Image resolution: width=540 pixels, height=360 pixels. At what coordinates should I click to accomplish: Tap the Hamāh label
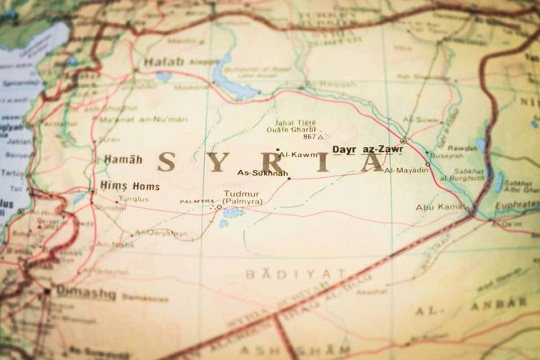pyautogui.click(x=123, y=159)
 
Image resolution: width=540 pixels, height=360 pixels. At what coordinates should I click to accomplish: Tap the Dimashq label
pyautogui.click(x=86, y=294)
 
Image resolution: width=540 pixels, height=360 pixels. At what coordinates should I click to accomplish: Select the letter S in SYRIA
pyautogui.click(x=166, y=161)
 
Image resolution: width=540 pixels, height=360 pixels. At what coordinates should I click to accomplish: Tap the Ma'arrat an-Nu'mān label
pyautogui.click(x=143, y=120)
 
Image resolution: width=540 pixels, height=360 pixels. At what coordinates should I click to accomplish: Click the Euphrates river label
pyautogui.click(x=517, y=205)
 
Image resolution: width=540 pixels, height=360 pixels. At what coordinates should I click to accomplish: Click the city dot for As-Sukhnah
pyautogui.click(x=289, y=178)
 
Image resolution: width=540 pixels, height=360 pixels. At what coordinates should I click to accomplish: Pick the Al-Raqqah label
pyautogui.click(x=331, y=84)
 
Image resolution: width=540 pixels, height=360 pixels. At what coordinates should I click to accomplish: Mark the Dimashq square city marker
pyautogui.click(x=47, y=292)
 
